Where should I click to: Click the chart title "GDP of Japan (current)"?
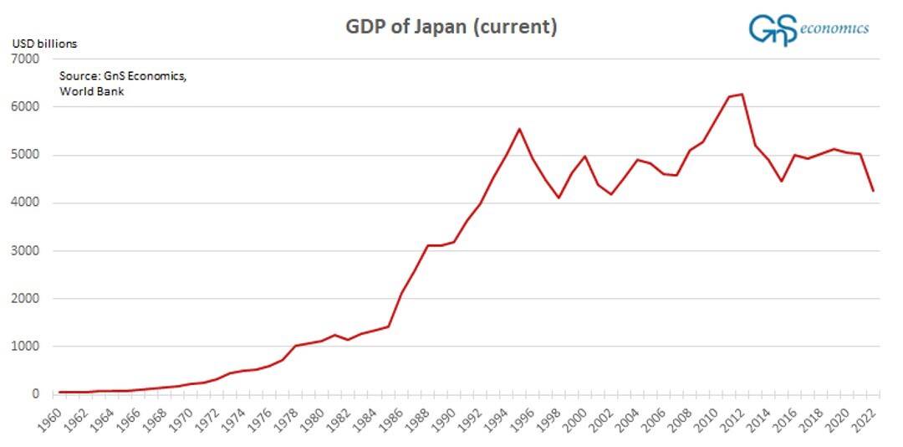451,27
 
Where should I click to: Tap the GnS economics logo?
808,28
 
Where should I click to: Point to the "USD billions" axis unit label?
43,44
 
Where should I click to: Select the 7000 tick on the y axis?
26,59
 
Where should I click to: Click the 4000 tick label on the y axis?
26,203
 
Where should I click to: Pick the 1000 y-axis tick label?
26,347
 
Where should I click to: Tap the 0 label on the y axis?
34,394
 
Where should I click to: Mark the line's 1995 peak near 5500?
519,129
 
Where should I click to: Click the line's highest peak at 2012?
742,95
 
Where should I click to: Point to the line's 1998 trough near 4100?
559,198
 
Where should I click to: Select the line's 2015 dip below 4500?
782,181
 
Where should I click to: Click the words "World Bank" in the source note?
92,91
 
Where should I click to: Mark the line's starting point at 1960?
59,392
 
